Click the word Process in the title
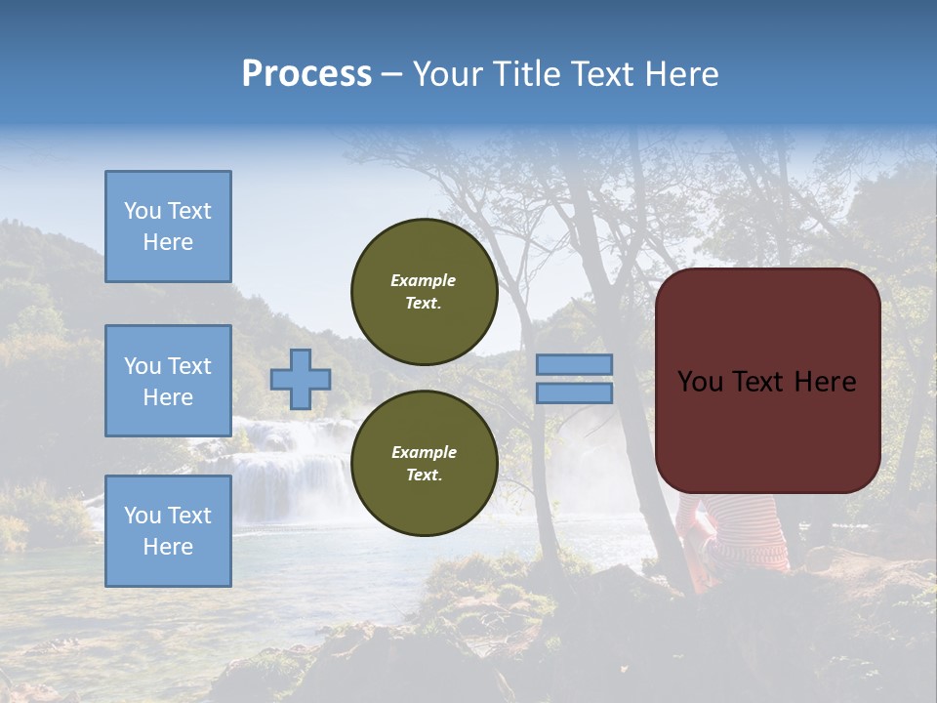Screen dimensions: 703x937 coord(306,74)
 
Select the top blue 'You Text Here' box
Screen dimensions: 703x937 coord(168,227)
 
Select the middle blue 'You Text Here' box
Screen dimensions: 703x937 coord(168,381)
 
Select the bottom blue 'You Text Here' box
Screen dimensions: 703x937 coord(168,531)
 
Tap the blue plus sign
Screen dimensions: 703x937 coord(300,379)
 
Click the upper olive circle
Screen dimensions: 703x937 coord(424,292)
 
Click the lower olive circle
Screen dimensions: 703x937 coord(424,464)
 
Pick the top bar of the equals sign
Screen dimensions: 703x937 coord(574,364)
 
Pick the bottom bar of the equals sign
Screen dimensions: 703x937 coord(574,393)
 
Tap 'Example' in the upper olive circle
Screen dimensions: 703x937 coord(423,280)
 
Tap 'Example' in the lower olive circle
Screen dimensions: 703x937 coord(424,452)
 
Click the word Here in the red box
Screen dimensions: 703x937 coord(827,382)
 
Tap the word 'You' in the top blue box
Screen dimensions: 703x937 coord(143,211)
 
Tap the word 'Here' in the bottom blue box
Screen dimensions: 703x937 coord(168,547)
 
